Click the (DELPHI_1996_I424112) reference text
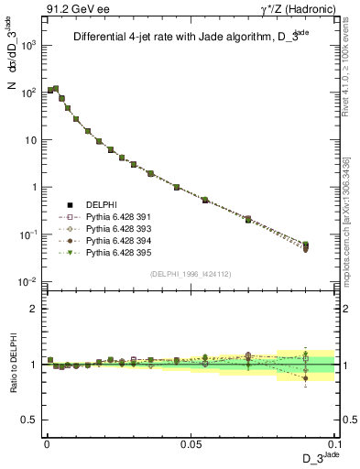190,274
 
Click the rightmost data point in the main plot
306,245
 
